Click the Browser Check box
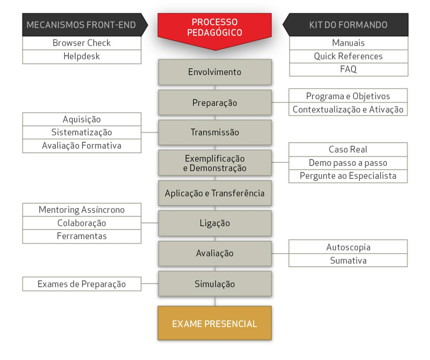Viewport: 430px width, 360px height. pos(82,43)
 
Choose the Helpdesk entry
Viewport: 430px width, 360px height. pos(82,57)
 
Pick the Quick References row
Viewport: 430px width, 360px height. pos(348,57)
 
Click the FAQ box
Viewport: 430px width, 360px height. pos(348,70)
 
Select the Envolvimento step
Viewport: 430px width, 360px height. pos(215,72)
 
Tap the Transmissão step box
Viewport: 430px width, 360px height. pos(215,132)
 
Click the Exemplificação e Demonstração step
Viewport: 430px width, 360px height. pos(215,163)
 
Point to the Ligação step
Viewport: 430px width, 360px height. pos(215,223)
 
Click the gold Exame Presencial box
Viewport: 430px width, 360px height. pos(214,323)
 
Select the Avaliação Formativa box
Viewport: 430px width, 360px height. pos(82,146)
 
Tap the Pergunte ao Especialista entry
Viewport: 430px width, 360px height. pos(348,176)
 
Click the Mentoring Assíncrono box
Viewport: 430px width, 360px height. pos(82,210)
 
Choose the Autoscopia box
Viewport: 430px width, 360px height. pos(348,247)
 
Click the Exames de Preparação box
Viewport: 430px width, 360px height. pos(82,284)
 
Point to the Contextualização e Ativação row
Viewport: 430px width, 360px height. pos(348,109)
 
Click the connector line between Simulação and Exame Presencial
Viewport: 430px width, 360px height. pos(215,301)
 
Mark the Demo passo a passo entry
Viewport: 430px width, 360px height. pos(348,163)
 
